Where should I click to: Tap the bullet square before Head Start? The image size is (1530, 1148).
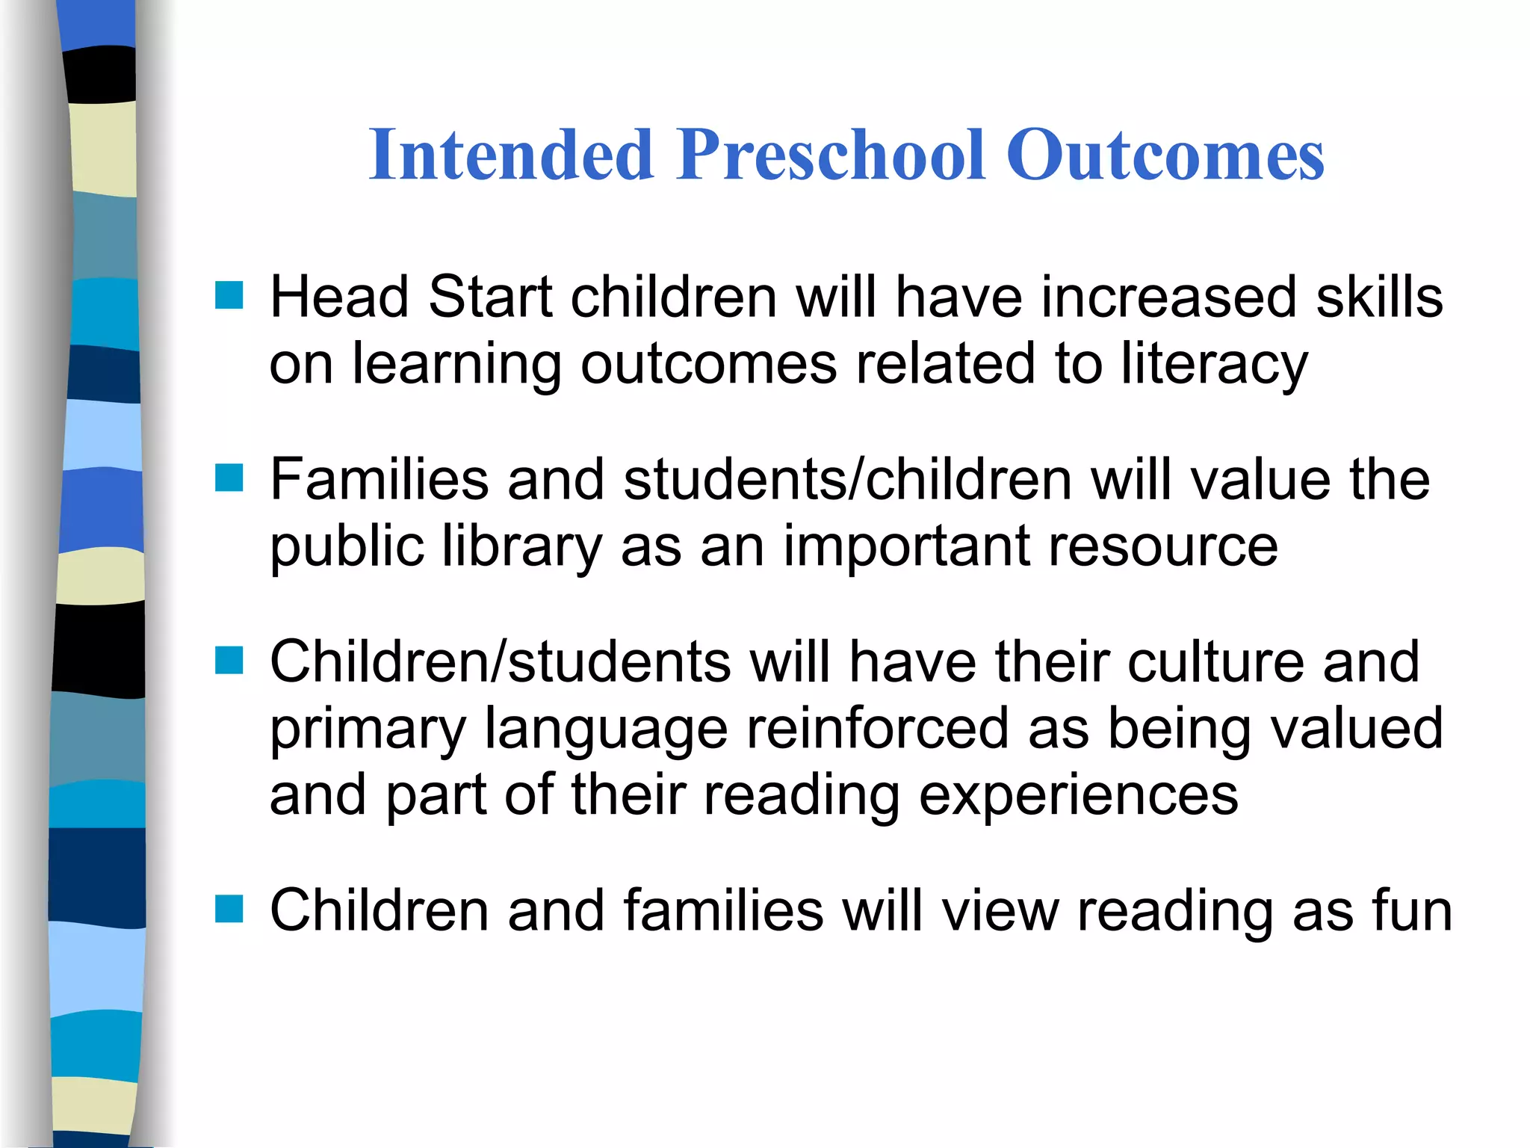pyautogui.click(x=229, y=295)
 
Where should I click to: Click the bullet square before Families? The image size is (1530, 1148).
pyautogui.click(x=229, y=478)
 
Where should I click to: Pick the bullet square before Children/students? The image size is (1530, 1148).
pyautogui.click(x=229, y=660)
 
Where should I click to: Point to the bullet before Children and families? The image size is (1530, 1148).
pyautogui.click(x=229, y=909)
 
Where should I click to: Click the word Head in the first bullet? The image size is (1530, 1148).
pyautogui.click(x=339, y=297)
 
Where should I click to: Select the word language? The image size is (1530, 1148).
pyautogui.click(x=606, y=729)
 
